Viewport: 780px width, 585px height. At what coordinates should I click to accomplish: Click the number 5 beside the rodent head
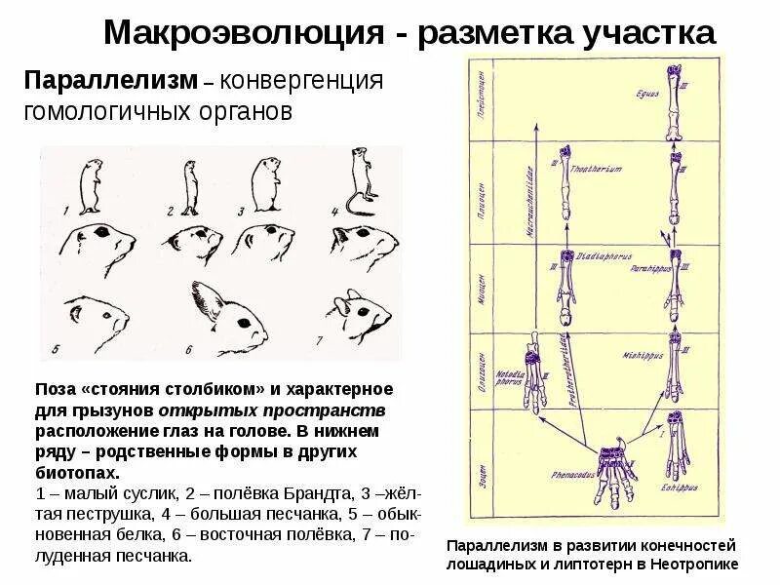[56, 347]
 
